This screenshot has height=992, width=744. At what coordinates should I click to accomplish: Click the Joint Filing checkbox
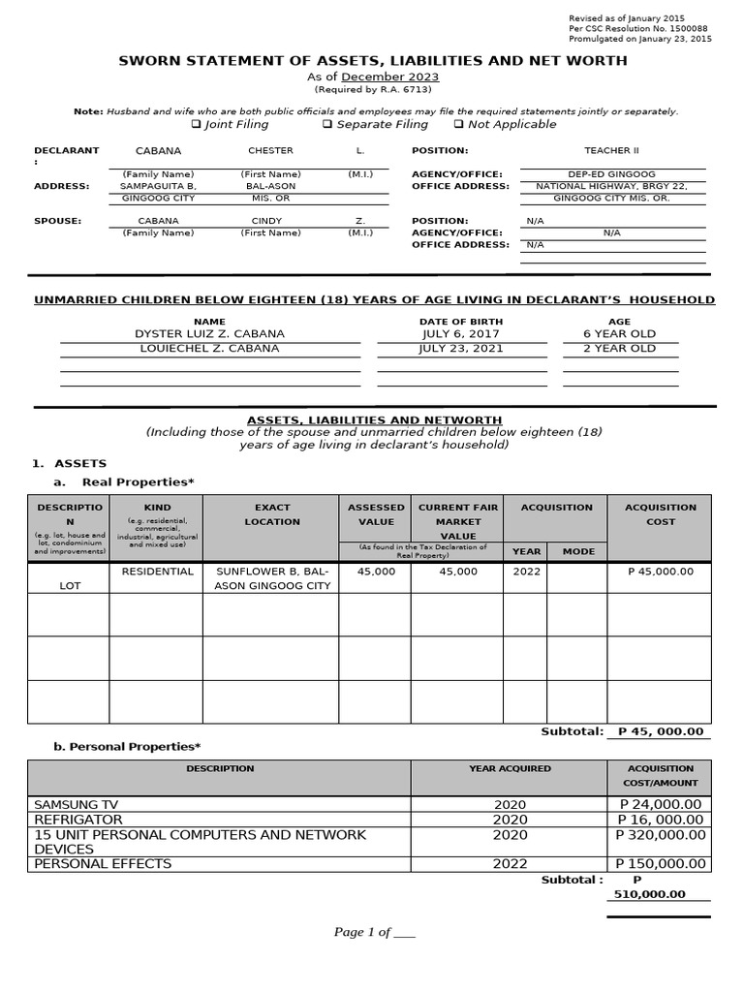(x=196, y=125)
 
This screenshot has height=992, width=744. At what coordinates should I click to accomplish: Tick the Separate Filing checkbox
(x=327, y=125)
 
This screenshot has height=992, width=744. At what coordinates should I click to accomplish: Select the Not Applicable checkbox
(x=458, y=125)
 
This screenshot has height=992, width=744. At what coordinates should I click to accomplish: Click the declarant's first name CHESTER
(x=270, y=151)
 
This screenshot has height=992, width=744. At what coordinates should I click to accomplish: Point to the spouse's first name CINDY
(x=267, y=221)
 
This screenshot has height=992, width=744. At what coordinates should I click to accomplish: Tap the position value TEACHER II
(x=612, y=151)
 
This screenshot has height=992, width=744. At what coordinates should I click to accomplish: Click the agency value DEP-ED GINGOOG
(x=612, y=174)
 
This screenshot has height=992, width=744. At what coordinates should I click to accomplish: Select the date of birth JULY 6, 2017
(x=460, y=334)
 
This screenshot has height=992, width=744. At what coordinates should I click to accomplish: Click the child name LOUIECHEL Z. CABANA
(x=210, y=349)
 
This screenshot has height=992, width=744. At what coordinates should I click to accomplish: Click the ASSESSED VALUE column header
(x=376, y=514)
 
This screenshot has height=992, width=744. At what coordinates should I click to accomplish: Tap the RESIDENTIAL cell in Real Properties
(x=155, y=572)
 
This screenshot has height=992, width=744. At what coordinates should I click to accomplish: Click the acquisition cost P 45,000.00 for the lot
(x=661, y=572)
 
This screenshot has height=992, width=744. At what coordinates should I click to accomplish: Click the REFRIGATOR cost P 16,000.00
(x=661, y=820)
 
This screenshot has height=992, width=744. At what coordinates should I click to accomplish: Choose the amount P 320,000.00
(x=661, y=835)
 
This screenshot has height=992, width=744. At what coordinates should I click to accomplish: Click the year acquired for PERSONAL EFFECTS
(x=510, y=864)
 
